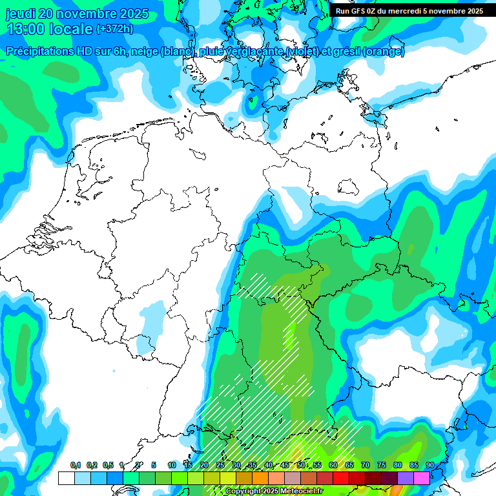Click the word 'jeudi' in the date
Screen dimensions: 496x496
point(22,14)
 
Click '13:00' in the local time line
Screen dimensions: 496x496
point(25,28)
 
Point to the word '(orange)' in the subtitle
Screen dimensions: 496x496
point(384,52)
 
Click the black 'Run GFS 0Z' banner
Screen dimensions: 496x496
point(409,11)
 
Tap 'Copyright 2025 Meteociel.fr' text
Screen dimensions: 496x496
point(274,491)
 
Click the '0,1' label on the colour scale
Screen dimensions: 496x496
point(75,466)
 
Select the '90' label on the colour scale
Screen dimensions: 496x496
point(429,466)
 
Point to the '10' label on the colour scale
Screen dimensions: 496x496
point(171,466)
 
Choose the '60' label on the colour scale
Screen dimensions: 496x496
point(333,466)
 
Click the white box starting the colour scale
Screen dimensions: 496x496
point(66,478)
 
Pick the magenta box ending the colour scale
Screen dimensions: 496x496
point(422,478)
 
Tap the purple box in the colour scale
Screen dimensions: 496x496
point(406,478)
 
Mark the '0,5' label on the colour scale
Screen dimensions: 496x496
point(108,466)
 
